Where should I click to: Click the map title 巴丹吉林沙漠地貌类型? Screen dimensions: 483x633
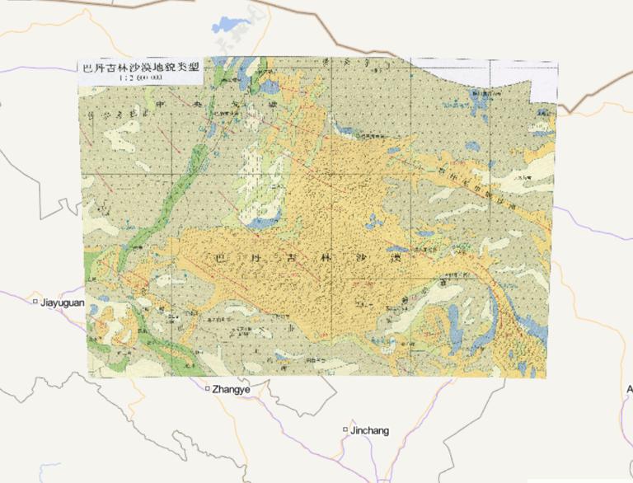coord(132,68)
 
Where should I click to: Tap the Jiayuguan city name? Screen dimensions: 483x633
coord(63,302)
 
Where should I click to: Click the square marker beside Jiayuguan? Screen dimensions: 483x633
coord(35,302)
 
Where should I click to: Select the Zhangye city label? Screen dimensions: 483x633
coord(231,388)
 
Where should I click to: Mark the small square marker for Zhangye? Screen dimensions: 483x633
coord(208,388)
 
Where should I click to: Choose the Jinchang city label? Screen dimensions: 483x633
coord(369,430)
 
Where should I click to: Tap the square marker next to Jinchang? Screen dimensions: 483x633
coord(345,429)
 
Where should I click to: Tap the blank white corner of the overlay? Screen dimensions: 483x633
coord(542,91)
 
